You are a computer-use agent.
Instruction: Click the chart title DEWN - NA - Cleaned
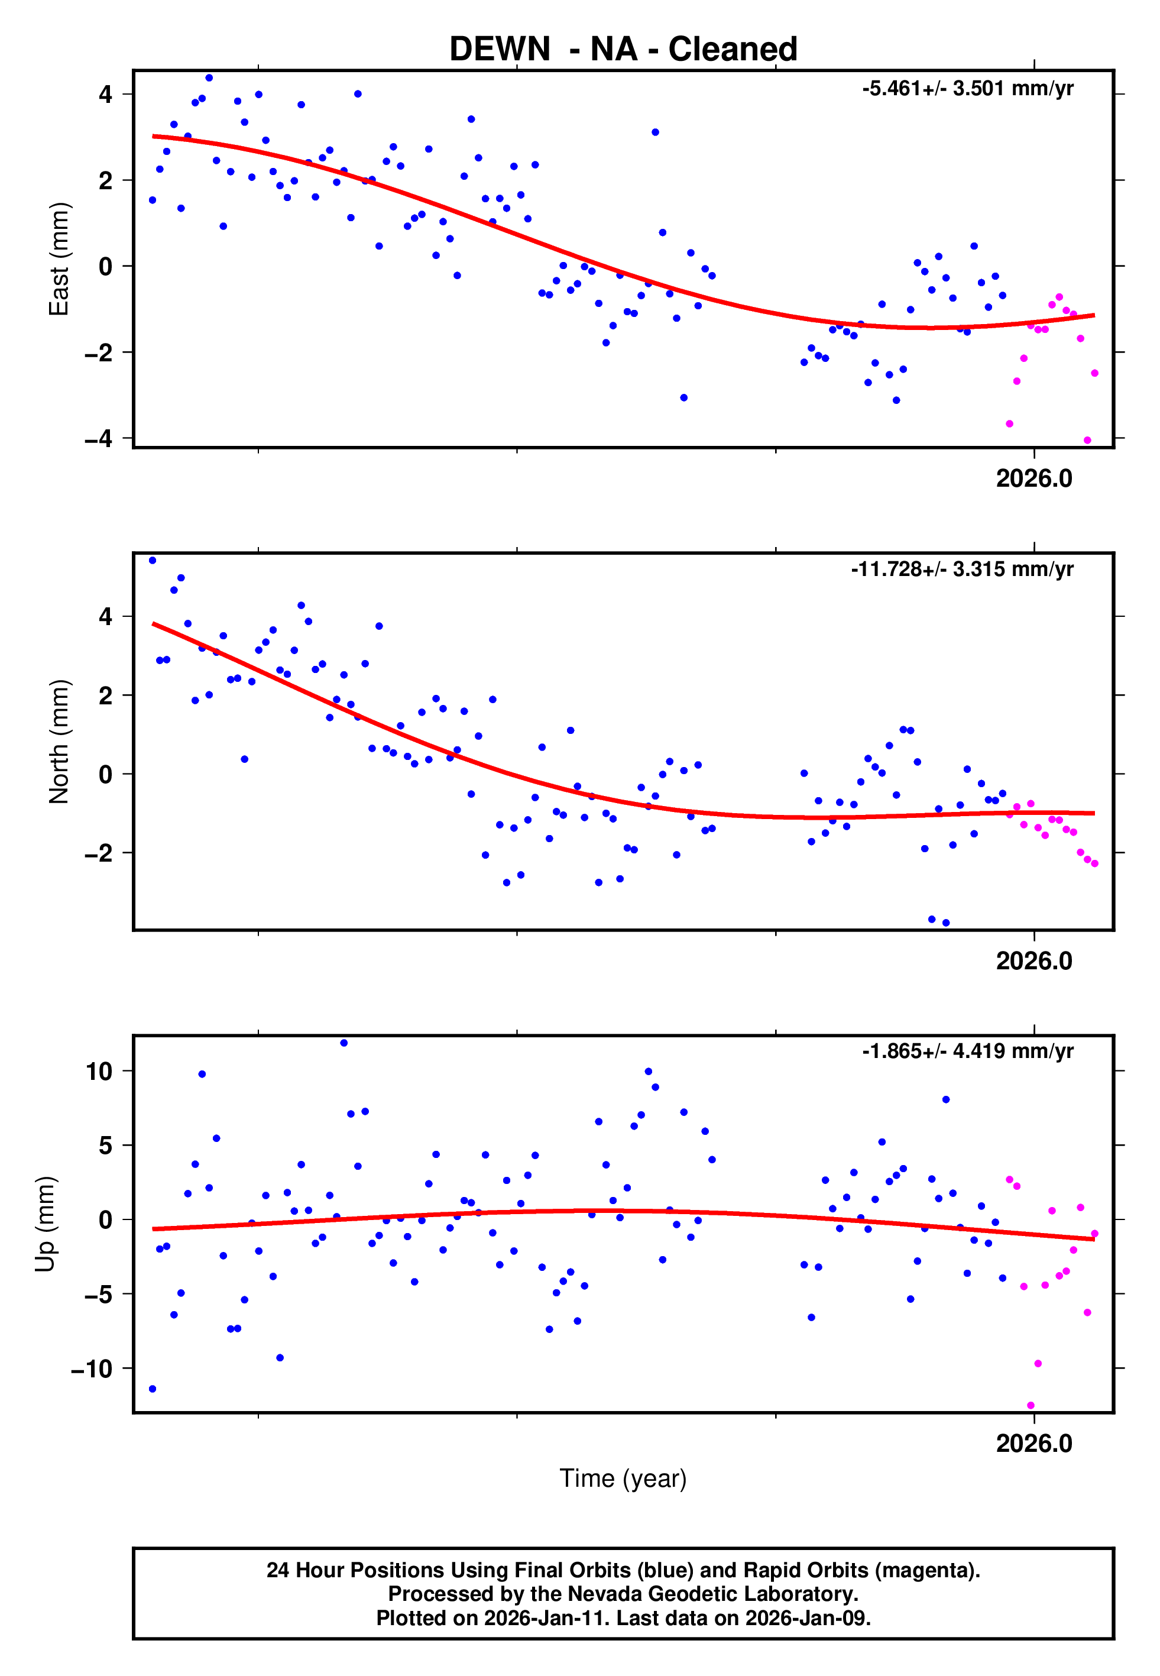coord(623,50)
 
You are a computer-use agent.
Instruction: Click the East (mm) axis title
coord(58,259)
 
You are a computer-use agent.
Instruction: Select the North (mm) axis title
coord(58,742)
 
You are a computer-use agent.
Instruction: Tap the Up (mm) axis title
coord(45,1224)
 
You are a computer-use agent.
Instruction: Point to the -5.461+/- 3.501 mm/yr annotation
coord(967,89)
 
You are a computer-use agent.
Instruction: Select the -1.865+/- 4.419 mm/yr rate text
coord(967,1051)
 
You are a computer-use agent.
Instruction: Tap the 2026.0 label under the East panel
coord(1033,478)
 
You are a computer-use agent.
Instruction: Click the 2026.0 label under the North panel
coord(1033,961)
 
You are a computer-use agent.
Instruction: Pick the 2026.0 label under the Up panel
coord(1033,1444)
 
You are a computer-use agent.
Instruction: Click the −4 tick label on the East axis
coord(98,438)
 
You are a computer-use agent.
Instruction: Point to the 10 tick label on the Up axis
coord(99,1071)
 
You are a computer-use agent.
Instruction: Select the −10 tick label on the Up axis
coord(92,1368)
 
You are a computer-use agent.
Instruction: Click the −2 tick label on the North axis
coord(98,853)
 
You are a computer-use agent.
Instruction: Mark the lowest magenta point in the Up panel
coord(1031,1406)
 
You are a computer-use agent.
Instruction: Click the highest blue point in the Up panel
coord(344,1043)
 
